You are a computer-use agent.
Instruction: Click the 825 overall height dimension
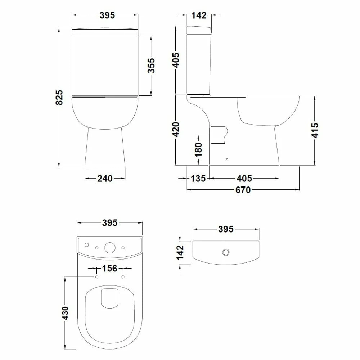coord(59,97)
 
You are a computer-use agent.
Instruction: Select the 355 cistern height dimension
coord(151,66)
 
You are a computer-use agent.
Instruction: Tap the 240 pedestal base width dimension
coord(105,179)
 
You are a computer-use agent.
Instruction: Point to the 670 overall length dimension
coord(243,190)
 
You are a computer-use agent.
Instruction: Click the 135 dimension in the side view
coord(198,179)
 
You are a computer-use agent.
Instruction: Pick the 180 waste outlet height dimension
coord(198,150)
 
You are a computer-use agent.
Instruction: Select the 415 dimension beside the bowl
coord(315,130)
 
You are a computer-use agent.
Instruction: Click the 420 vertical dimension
coord(176,130)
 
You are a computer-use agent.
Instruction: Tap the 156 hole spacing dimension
coord(109,268)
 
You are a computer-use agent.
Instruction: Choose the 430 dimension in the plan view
coord(65,313)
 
